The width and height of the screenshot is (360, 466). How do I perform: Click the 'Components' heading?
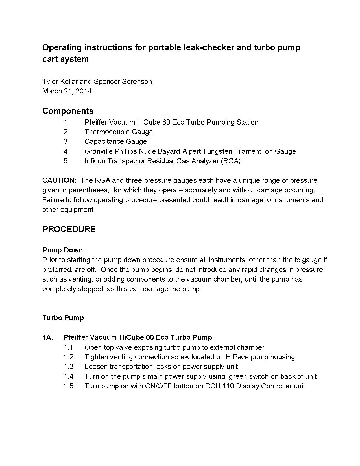68,111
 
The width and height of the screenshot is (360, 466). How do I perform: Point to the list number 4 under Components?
66,151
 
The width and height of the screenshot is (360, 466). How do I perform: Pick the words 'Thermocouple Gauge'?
119,132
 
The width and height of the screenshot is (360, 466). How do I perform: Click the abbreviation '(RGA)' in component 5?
231,161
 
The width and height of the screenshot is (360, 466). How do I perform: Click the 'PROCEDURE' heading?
69,229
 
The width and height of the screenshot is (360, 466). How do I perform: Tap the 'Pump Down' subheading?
62,250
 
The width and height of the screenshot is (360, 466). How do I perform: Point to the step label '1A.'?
48,337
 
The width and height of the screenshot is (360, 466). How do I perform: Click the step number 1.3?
68,367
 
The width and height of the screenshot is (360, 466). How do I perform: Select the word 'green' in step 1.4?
237,376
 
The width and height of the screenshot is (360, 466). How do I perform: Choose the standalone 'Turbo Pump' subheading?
63,318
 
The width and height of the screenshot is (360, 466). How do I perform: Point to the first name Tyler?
50,82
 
